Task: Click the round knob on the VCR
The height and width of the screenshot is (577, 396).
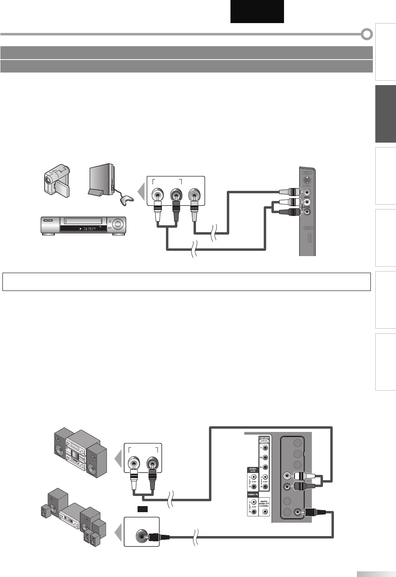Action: tap(118, 223)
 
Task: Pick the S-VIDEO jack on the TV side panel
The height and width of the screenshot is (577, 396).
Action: tap(308, 180)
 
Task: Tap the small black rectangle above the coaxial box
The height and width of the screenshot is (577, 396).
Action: tap(142, 509)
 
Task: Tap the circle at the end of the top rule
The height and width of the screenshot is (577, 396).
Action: tap(367, 34)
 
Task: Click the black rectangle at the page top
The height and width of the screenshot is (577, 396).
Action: tap(257, 11)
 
